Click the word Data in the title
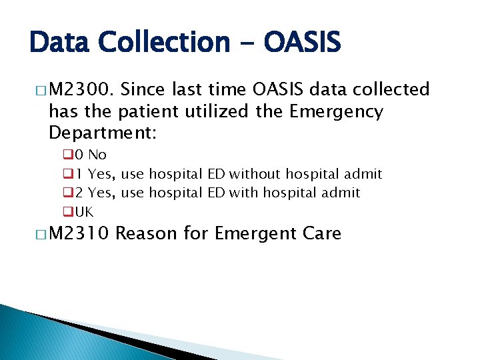coord(62,43)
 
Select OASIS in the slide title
coord(302,43)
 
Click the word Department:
coord(103,133)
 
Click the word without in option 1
coord(255,175)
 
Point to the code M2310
coord(81,234)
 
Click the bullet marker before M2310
coord(38,234)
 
